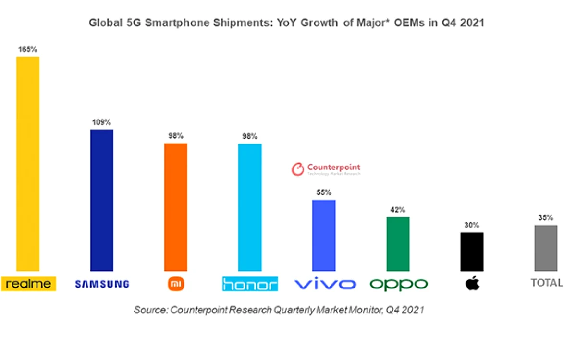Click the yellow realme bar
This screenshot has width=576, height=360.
[28, 164]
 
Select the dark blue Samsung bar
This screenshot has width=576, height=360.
[102, 200]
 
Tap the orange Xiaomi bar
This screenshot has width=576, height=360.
[176, 207]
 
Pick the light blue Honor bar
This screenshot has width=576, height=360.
[250, 207]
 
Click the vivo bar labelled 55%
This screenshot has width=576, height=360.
[324, 236]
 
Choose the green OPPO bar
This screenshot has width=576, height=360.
[398, 244]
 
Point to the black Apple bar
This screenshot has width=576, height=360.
[472, 252]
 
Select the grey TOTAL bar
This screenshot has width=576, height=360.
[546, 248]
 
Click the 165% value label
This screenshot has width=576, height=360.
[27, 49]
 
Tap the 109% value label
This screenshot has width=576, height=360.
[101, 122]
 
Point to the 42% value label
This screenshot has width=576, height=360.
[397, 210]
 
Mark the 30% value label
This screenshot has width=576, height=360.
[472, 225]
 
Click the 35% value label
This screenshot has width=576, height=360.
[546, 217]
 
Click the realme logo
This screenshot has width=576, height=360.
[29, 284]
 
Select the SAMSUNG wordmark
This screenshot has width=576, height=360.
[102, 284]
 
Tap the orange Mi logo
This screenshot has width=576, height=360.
[176, 284]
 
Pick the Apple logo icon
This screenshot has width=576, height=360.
[472, 283]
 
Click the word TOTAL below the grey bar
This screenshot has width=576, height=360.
[547, 283]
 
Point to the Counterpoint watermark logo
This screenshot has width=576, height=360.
[326, 169]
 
